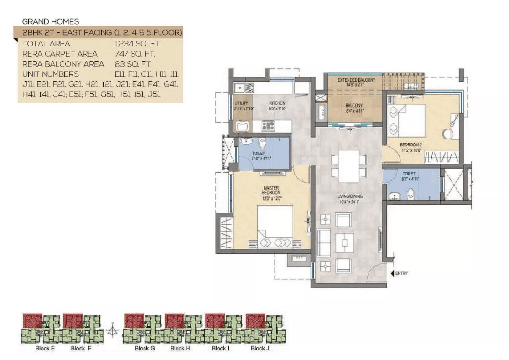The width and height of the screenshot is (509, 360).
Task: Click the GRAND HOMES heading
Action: click(51, 21)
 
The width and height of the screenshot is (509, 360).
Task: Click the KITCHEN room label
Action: click(277, 103)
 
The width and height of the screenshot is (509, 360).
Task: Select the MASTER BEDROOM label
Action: click(270, 190)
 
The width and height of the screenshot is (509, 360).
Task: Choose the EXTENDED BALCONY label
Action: click(356, 80)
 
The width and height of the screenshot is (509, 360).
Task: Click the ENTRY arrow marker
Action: click(392, 273)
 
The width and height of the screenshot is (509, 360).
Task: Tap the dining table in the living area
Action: click(349, 166)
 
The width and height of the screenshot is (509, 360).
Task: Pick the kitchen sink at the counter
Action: click(240, 88)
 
